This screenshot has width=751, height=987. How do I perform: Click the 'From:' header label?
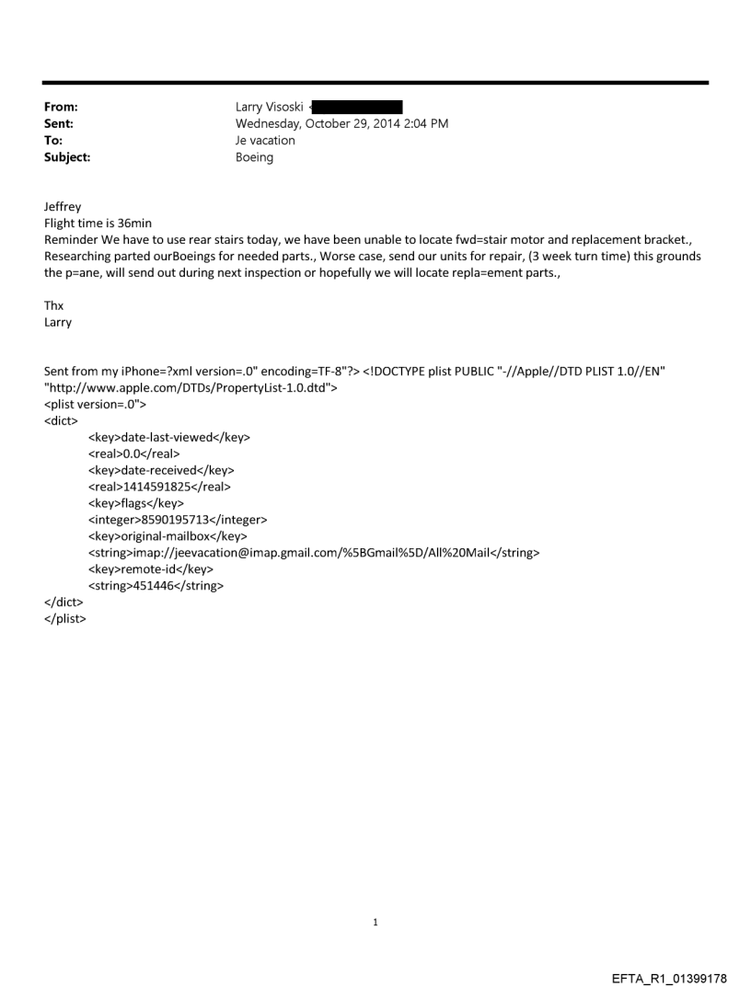61,108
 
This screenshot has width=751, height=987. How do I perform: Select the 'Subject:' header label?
66,157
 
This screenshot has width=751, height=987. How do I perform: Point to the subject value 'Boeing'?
255,157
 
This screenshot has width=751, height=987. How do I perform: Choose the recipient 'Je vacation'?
265,141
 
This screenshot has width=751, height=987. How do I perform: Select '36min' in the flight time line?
119,224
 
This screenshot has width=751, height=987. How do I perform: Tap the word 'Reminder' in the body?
72,240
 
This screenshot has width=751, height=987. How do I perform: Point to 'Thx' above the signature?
54,306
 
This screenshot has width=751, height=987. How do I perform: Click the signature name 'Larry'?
59,323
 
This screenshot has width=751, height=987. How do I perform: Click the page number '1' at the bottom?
375,922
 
